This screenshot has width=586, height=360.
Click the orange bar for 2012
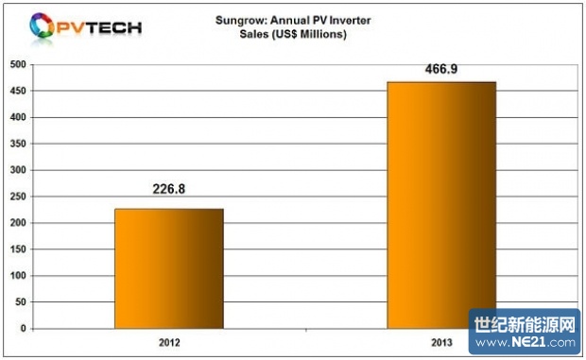(168, 268)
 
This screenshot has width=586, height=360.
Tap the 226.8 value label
(169, 188)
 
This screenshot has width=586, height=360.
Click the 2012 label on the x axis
(169, 340)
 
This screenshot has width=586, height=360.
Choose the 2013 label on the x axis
(441, 340)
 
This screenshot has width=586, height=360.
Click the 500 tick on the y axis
(17, 65)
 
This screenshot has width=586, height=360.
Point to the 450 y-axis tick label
(17, 92)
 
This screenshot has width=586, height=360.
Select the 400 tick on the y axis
(17, 118)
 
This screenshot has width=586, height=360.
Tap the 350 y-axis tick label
(17, 145)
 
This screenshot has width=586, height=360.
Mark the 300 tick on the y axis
(17, 171)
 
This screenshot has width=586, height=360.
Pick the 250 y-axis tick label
(17, 197)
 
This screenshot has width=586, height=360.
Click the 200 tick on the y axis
(17, 224)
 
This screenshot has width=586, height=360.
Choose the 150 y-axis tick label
(17, 249)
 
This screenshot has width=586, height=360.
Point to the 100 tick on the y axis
(17, 276)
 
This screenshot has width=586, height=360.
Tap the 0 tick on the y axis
(23, 329)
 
